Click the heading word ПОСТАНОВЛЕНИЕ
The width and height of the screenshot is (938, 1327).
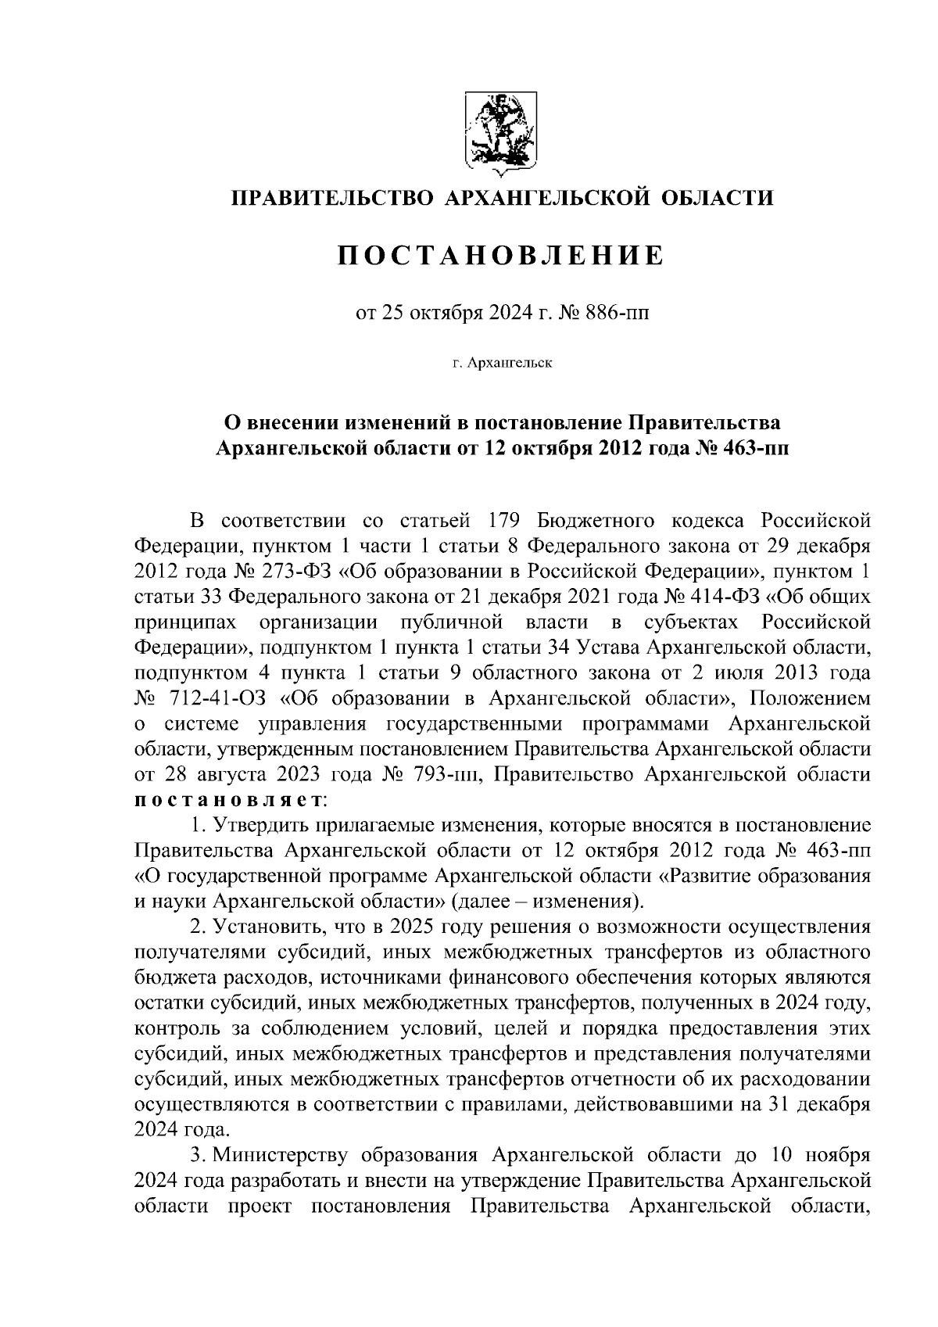[501, 255]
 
